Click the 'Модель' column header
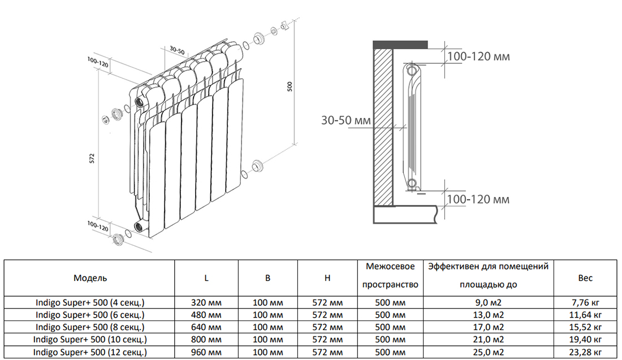[90, 277]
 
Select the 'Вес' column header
[585, 277]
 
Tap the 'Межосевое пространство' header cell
[391, 275]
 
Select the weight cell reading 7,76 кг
[586, 302]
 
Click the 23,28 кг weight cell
[586, 352]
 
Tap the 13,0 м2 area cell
[488, 315]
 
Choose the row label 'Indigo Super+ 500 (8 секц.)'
[90, 327]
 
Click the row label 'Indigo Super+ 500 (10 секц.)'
[90, 340]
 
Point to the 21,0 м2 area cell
[488, 340]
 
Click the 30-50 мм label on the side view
[345, 120]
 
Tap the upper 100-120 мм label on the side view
[478, 57]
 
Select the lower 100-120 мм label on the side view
[478, 199]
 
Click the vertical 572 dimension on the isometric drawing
[92, 159]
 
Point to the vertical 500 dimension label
[290, 86]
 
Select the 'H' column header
[328, 277]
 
